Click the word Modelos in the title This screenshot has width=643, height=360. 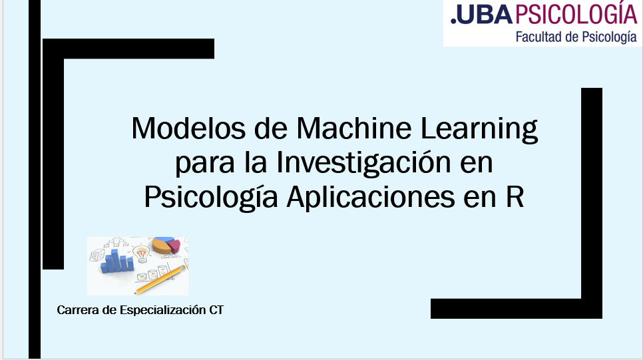point(188,128)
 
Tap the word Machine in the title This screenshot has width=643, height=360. point(353,128)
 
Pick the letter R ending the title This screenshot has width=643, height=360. point(515,198)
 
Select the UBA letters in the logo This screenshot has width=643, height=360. point(482,15)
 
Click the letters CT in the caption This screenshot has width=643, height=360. point(216,310)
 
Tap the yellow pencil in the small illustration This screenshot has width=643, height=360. point(160,279)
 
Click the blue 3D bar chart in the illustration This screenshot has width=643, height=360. point(117,262)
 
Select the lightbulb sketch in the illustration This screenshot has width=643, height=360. point(141,254)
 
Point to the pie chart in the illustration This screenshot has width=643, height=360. point(166,245)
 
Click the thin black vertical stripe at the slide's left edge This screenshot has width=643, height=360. point(35,179)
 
